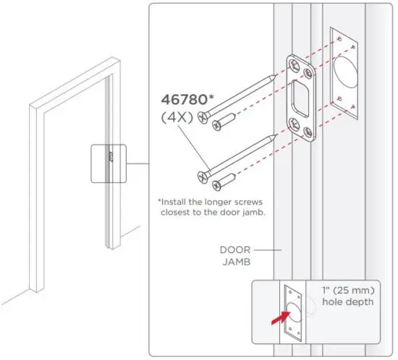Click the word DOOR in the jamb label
coord(234,249)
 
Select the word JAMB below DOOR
coord(234,262)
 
